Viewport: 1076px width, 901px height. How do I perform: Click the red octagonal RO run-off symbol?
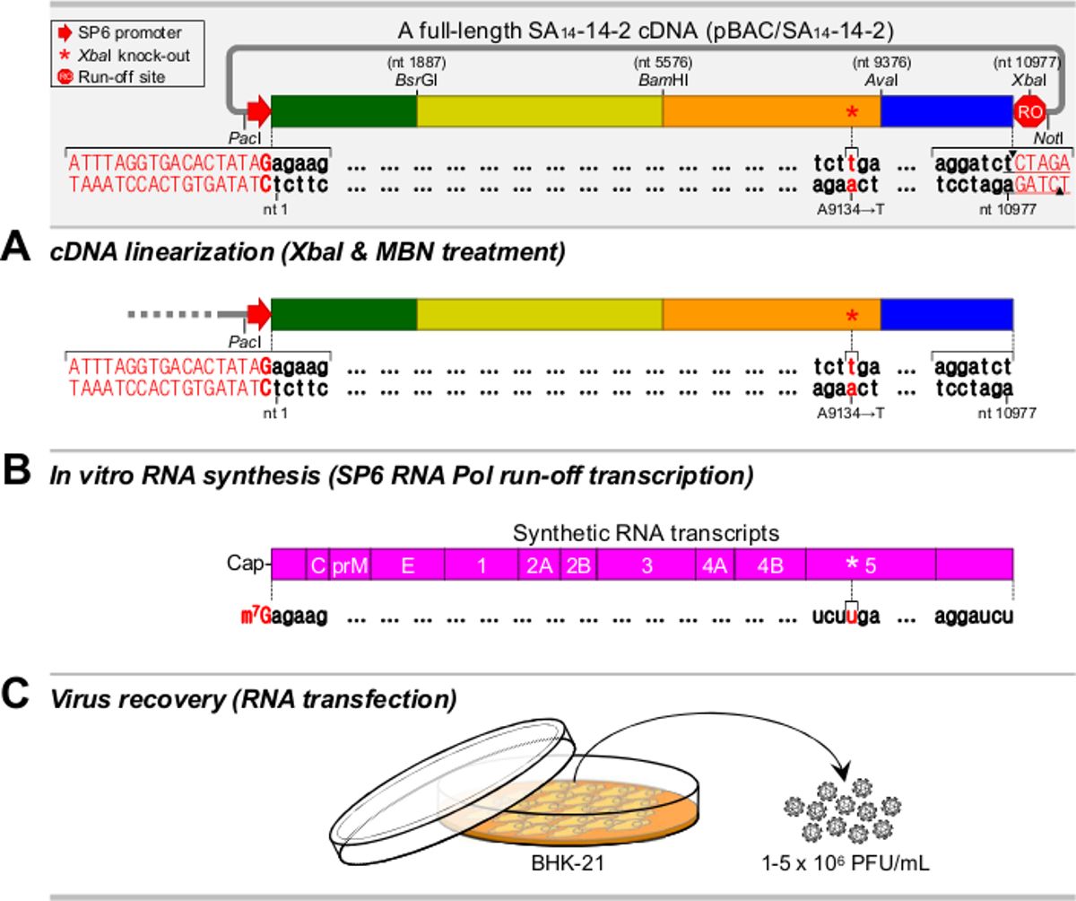(x=1029, y=111)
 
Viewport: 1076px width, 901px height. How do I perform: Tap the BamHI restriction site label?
(x=664, y=81)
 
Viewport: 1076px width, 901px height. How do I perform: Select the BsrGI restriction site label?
(x=416, y=81)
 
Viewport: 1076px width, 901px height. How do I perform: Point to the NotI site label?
(x=1048, y=138)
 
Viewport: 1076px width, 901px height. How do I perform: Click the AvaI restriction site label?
(x=881, y=81)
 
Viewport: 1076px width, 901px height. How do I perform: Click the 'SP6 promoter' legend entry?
(x=120, y=33)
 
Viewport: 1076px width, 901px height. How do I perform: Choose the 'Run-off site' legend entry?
(x=111, y=77)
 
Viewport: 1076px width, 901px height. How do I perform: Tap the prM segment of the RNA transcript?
(x=350, y=565)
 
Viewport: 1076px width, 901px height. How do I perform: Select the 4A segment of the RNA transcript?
(x=715, y=565)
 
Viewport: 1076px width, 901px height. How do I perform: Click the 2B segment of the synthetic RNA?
(x=578, y=565)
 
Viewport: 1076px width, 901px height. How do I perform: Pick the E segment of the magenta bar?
(x=408, y=565)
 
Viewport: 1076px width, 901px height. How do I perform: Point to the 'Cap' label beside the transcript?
(x=246, y=563)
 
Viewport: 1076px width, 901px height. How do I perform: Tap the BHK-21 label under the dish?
(x=568, y=862)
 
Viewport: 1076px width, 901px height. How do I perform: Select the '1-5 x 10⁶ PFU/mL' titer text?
(x=846, y=862)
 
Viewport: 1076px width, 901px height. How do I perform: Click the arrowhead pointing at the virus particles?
(x=842, y=773)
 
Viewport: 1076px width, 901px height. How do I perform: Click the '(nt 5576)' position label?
(x=663, y=63)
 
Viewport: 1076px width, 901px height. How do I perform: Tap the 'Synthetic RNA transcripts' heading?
(x=646, y=533)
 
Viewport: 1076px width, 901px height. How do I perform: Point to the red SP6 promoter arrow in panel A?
(x=259, y=314)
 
